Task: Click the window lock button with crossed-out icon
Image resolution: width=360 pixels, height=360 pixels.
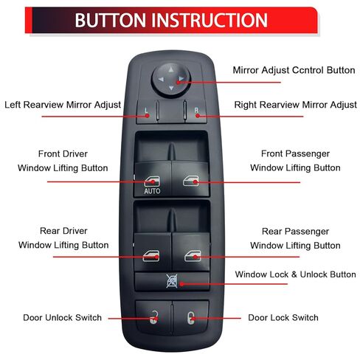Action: [171, 281]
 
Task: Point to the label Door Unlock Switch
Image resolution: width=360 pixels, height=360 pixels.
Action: [62, 318]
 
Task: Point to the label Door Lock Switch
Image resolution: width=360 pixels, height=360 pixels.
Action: [283, 318]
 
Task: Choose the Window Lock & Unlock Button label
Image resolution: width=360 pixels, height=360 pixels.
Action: [295, 274]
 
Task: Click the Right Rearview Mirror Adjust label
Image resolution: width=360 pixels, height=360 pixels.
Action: [295, 105]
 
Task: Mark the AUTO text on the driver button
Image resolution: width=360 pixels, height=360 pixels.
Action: [151, 191]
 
